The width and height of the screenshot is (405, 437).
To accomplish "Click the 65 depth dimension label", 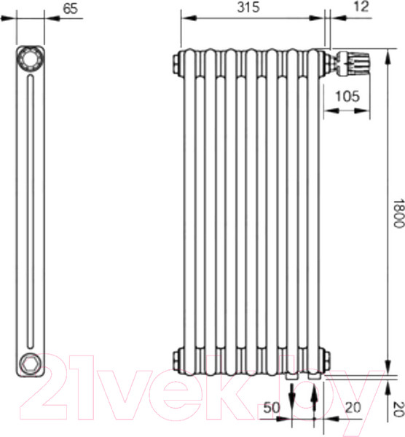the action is (x=70, y=8).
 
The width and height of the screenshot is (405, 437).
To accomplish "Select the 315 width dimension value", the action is (x=248, y=7).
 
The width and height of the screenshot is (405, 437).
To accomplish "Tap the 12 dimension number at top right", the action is (x=362, y=7).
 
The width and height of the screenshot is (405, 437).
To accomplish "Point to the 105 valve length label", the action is (x=347, y=96).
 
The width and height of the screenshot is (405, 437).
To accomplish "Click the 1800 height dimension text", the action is (x=398, y=213).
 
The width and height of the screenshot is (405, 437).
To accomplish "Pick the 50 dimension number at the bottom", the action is (x=271, y=408).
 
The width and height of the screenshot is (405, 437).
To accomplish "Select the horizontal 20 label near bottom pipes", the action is (x=353, y=408).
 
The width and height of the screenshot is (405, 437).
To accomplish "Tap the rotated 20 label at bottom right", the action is (x=399, y=409).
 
